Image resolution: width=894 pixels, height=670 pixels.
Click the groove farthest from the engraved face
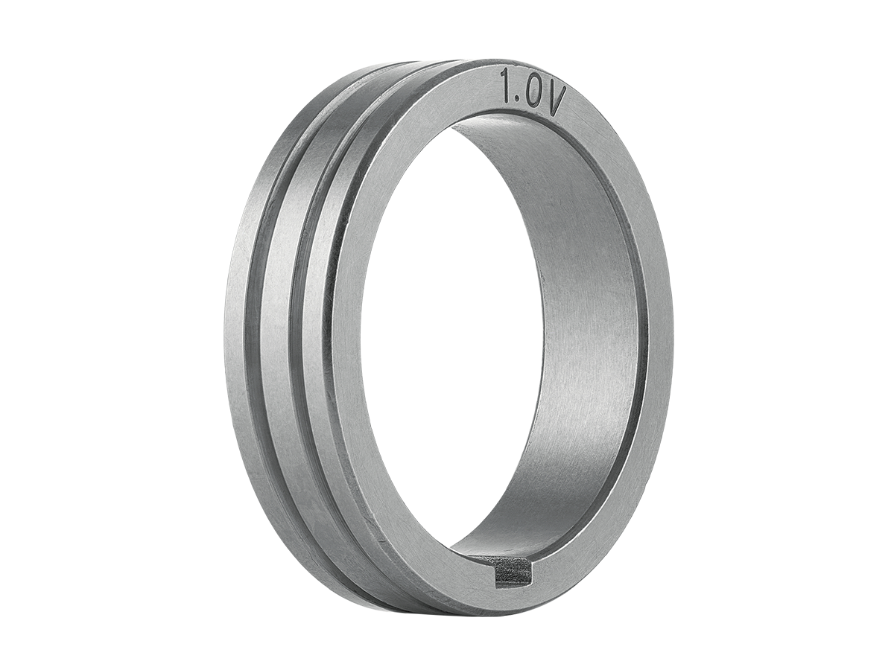[x=261, y=325]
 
